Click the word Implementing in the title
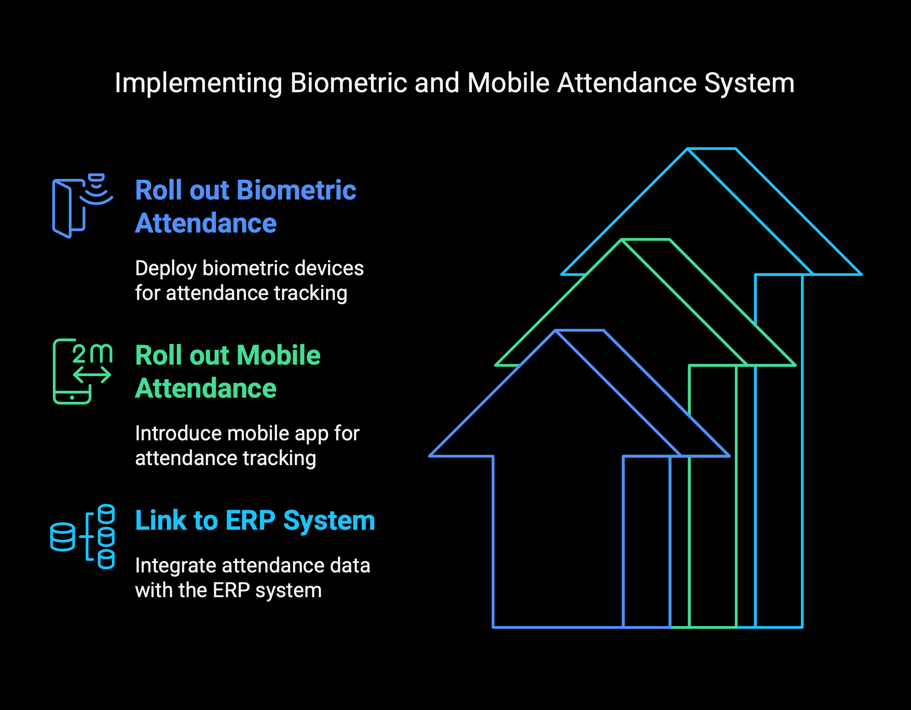coord(198,83)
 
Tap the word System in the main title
coord(749,83)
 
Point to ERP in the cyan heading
coord(250,521)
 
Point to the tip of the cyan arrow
coord(688,149)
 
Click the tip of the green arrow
coord(622,239)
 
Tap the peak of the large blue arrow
coord(555,330)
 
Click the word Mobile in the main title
coord(508,83)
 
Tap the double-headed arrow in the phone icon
coord(92,375)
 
